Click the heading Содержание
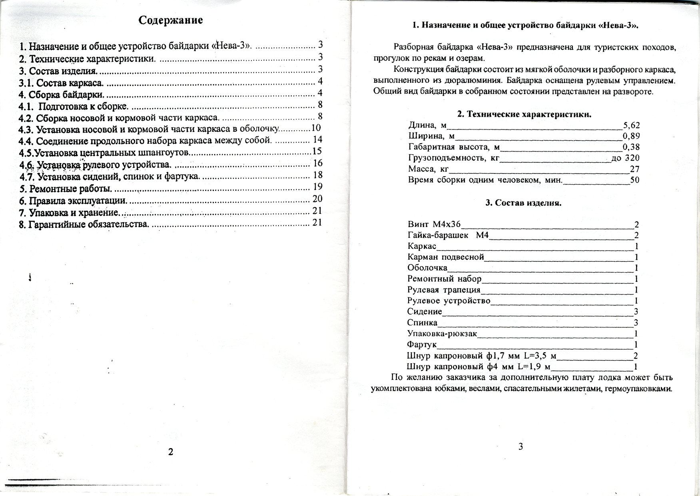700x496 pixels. [171, 20]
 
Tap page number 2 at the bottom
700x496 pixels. [171, 452]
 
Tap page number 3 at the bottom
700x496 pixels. [521, 447]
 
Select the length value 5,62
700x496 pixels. [631, 125]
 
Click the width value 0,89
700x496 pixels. [631, 136]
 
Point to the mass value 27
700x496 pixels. [634, 169]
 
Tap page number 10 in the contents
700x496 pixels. [316, 128]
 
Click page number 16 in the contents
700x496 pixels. [318, 163]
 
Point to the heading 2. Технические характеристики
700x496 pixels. [524, 115]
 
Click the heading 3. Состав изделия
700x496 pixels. [523, 203]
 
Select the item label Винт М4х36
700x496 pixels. [434, 224]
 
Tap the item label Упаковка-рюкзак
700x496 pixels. [442, 334]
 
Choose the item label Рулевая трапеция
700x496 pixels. [444, 290]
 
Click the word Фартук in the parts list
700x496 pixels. [422, 345]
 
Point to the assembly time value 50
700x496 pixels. [634, 180]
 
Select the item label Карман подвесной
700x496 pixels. [446, 257]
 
